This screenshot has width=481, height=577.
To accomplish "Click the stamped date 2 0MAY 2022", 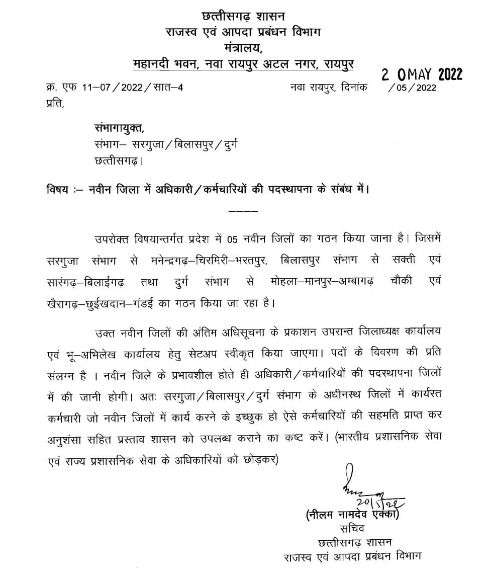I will (x=422, y=74).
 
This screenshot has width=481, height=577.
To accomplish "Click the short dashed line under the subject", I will (x=243, y=210).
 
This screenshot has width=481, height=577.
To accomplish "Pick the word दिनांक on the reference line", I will (x=354, y=88).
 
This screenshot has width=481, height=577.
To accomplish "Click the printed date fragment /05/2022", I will (x=412, y=88).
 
